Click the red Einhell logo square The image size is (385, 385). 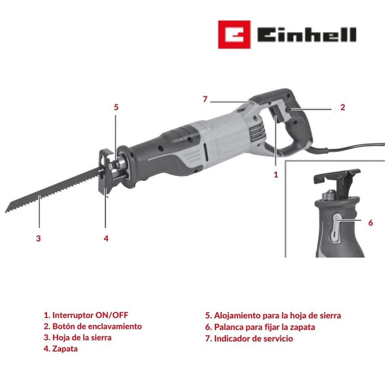(234, 35)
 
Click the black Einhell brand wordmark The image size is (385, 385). (307, 35)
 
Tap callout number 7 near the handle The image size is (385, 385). (205, 99)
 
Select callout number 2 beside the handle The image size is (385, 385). (343, 107)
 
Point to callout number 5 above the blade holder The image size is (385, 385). (116, 107)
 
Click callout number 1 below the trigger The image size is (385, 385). (276, 175)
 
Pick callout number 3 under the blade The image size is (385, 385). (38, 238)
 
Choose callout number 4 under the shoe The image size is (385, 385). (106, 238)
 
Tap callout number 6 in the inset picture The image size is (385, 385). (371, 223)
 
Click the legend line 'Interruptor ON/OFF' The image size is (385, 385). (86, 315)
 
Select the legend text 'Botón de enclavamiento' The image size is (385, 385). (93, 326)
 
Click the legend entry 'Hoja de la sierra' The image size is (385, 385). (77, 338)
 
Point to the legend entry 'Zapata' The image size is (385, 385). (61, 348)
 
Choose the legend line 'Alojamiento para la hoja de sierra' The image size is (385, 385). (273, 316)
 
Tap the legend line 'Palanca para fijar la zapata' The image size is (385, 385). (260, 327)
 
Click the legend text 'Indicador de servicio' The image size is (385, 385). (249, 339)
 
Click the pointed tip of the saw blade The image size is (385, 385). (6, 212)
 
